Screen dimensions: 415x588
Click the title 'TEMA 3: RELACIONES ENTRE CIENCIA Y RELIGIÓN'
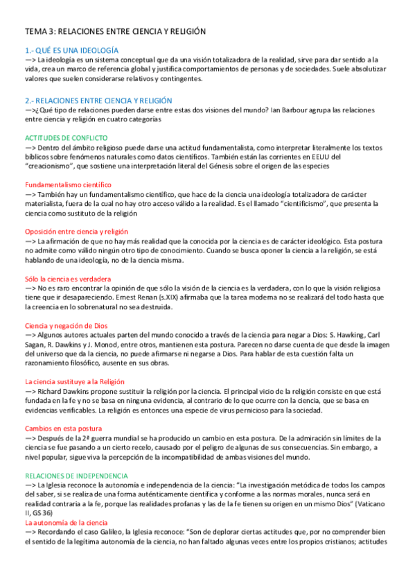click(116, 32)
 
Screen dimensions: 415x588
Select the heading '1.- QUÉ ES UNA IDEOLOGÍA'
click(71, 51)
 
